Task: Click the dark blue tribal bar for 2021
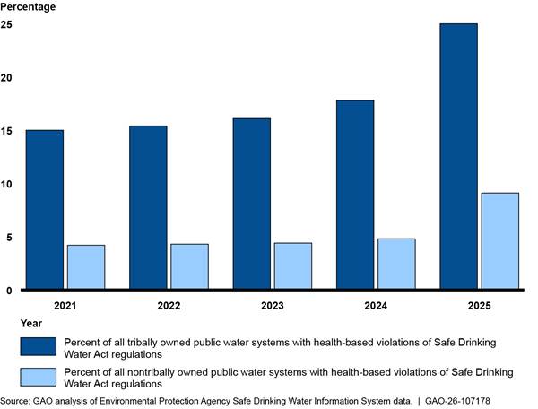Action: [x=45, y=209]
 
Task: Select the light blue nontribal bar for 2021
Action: [x=86, y=267]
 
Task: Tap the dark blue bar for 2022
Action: [x=148, y=207]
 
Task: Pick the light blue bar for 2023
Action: [x=293, y=265]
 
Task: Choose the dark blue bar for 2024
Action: [x=355, y=195]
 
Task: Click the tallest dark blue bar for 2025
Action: [x=459, y=156]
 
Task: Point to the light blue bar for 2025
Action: [x=500, y=241]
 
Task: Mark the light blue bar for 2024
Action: [x=396, y=264]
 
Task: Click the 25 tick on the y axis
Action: [x=6, y=24]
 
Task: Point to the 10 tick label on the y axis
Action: [x=6, y=184]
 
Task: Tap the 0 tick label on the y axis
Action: [x=9, y=291]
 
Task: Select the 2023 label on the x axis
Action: [x=273, y=305]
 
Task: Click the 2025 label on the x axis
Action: [x=480, y=305]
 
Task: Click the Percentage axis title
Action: [x=28, y=6]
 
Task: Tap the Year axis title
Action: [x=31, y=323]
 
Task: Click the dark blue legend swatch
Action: [x=38, y=346]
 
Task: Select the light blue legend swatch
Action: [x=38, y=377]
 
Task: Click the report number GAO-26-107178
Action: [x=457, y=401]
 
